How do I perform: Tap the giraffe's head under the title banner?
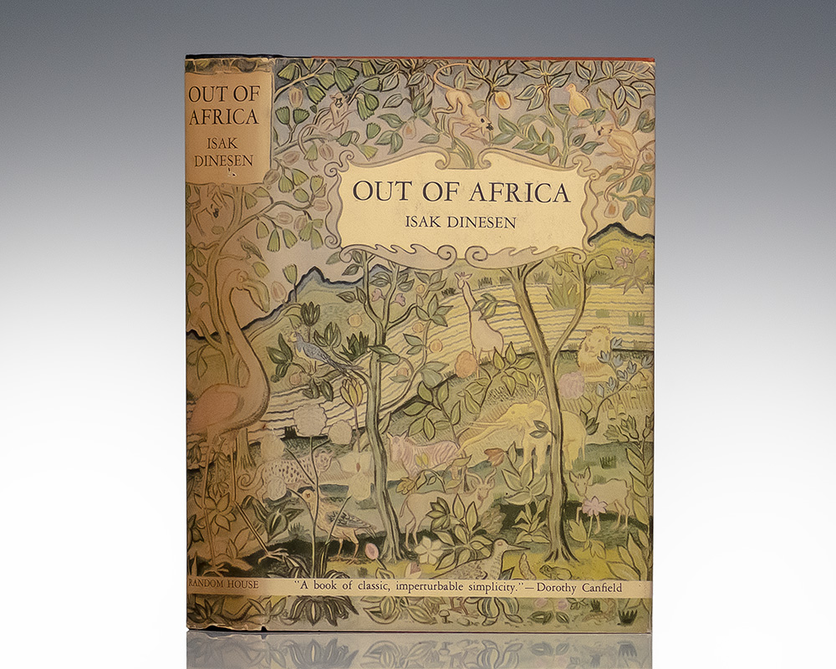(465, 282)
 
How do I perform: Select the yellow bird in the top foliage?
(576, 99)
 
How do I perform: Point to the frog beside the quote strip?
(525, 566)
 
